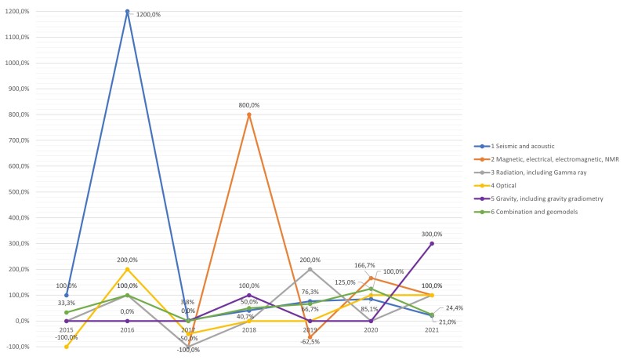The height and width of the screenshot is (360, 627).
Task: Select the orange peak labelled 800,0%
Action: click(249, 115)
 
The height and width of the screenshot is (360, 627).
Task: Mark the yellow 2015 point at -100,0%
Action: click(67, 347)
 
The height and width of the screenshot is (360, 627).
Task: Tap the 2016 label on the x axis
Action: click(127, 331)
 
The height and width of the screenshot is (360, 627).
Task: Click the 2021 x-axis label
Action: click(432, 331)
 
